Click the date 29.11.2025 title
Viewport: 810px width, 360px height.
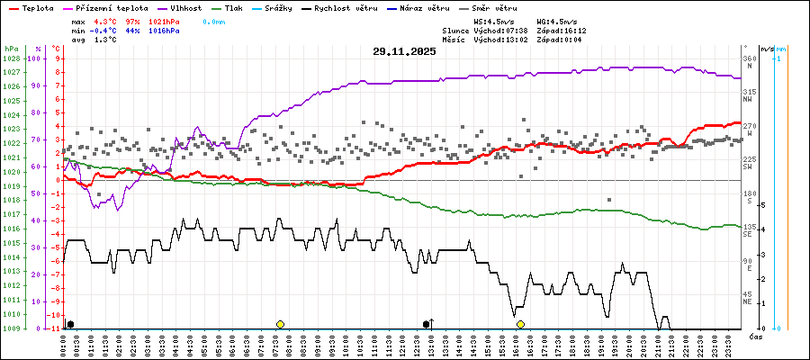tap(404, 51)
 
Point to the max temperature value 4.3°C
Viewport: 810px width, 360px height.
tap(105, 20)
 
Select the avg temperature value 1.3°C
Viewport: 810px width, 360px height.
tap(105, 40)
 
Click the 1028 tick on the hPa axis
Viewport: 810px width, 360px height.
tap(11, 58)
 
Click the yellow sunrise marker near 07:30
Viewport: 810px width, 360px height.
tap(280, 324)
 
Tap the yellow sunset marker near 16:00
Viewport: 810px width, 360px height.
tap(520, 324)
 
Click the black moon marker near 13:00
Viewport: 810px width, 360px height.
tap(427, 324)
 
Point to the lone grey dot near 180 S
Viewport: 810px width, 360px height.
tap(609, 200)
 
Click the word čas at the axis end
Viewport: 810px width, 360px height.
tap(757, 337)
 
